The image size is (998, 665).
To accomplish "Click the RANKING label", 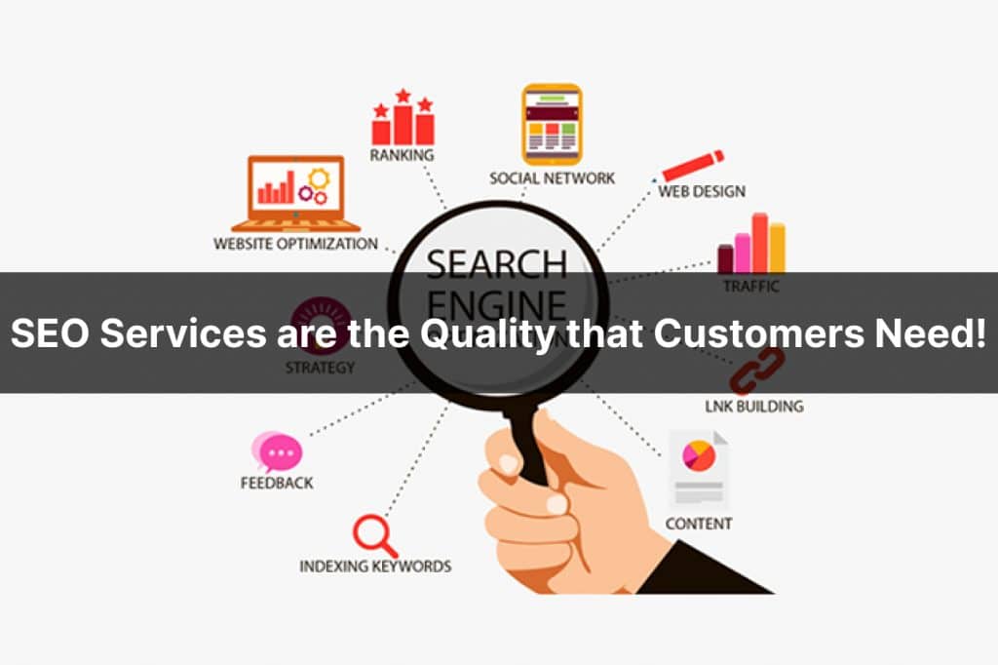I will pos(402,155).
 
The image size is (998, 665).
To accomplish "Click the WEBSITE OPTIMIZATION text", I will pos(295,244).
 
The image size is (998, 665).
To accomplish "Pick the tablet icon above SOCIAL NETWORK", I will pos(552,124).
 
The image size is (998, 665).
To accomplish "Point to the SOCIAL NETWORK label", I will pos(552,178).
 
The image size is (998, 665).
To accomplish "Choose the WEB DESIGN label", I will pos(702,191).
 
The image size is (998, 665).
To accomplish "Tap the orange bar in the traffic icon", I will pos(777,248).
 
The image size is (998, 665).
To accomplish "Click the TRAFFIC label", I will pos(750,287).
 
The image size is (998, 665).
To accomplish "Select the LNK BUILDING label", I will pos(753,406).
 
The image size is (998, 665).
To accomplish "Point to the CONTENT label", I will pos(698,524).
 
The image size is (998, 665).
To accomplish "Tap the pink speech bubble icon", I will pos(278,452).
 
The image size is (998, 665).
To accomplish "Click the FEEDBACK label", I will pos(277,482).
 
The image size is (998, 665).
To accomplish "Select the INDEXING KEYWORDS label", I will pos(375,566).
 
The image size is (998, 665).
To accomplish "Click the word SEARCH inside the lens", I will pos(496,262).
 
